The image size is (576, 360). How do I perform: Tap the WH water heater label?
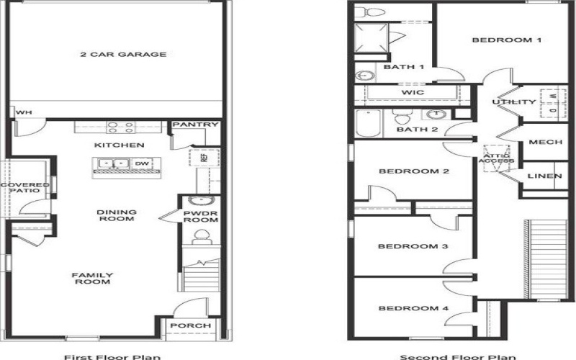tap(24, 112)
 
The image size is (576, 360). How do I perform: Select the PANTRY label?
tap(195, 125)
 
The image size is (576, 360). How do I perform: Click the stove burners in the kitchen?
tap(120, 127)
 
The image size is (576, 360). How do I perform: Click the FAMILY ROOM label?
tap(91, 278)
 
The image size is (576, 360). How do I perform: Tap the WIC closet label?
tap(412, 93)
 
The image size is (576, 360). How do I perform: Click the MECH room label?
tap(545, 142)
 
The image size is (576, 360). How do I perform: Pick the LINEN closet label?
tap(545, 176)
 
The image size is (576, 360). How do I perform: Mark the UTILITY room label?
tap(514, 102)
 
